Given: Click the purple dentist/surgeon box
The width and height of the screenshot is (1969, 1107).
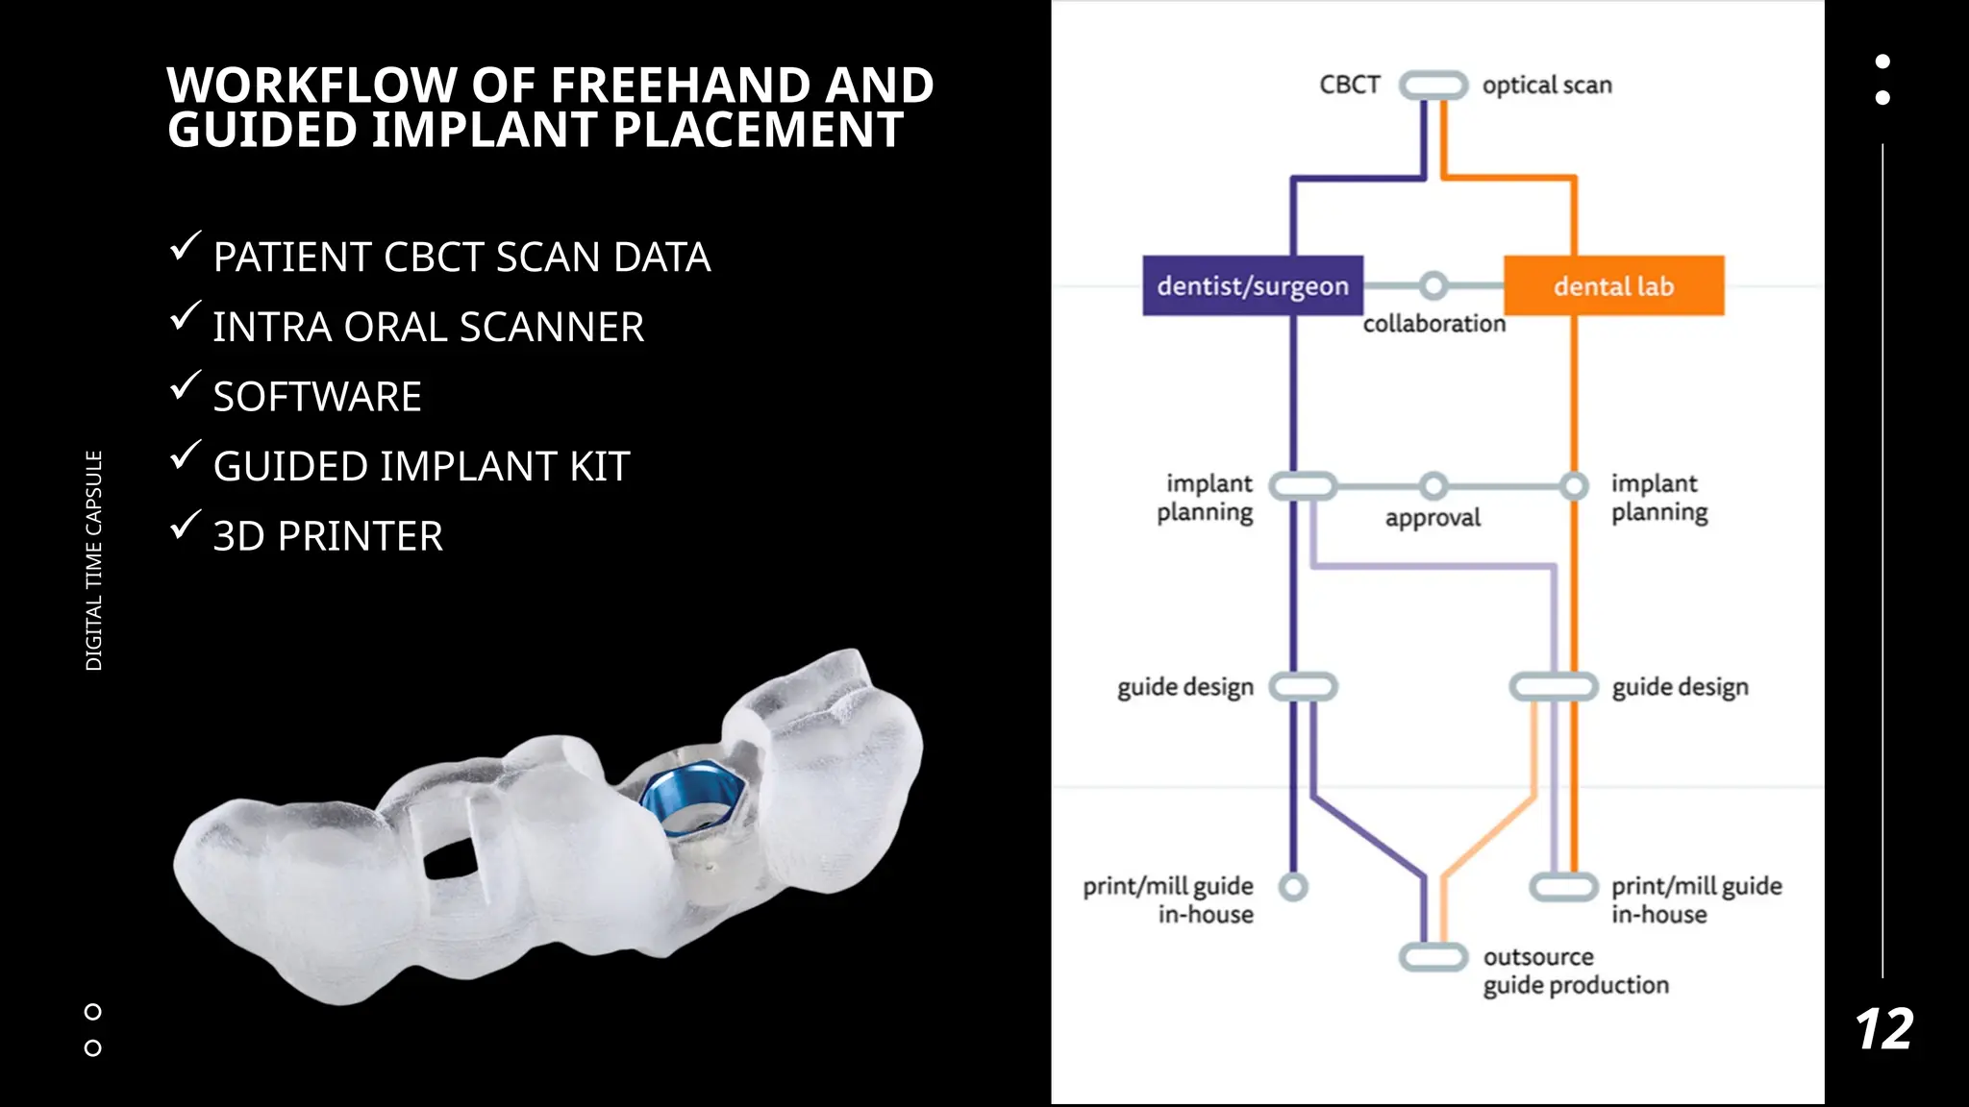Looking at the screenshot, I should coord(1252,285).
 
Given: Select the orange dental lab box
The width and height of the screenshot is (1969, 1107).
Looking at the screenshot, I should coord(1613,285).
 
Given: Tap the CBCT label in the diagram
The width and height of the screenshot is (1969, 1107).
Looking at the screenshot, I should coord(1349,85).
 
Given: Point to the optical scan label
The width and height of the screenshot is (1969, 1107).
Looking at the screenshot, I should coord(1546,85).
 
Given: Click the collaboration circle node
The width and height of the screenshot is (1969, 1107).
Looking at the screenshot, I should coord(1433,285).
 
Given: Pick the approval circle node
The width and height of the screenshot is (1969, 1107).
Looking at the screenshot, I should coord(1433,486).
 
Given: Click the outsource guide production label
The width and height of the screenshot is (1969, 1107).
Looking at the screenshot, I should coord(1575,971).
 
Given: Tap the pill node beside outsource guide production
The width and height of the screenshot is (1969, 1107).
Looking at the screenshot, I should coord(1433,957).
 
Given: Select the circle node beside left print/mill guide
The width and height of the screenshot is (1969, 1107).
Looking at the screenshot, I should coord(1294,886).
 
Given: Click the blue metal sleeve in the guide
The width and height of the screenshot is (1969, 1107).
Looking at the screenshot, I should coord(692,799).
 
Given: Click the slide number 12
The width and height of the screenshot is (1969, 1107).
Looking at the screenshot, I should coord(1883,1030).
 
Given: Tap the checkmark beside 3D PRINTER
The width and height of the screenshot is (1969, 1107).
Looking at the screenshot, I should coord(185,525).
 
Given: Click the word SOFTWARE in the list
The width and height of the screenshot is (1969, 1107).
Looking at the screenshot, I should coord(317,397).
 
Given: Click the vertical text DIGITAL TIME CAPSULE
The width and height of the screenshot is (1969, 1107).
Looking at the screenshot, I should coord(93,560).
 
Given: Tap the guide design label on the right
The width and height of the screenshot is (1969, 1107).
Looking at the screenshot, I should coord(1680,687).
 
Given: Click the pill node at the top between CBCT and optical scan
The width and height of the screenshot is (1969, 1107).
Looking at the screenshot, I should coord(1433,85).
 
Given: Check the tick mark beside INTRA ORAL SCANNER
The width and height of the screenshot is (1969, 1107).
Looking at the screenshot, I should coord(185,315).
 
